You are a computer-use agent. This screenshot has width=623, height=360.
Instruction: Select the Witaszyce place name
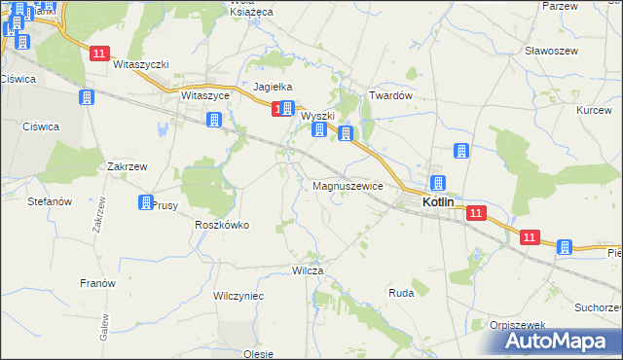pos(204,96)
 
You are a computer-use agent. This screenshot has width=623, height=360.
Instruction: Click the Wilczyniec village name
pos(238,294)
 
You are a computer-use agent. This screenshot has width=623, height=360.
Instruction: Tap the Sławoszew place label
pos(551,50)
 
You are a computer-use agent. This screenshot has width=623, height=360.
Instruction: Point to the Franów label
pos(97,283)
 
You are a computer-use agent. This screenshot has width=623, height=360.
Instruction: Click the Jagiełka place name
pos(274,87)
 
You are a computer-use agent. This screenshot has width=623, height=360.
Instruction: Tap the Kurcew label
pos(594,110)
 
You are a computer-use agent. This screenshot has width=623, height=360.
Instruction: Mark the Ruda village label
pos(401,292)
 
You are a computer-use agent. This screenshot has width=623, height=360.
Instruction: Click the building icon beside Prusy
pos(146,202)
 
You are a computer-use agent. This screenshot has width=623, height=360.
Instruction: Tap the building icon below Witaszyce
pos(214,120)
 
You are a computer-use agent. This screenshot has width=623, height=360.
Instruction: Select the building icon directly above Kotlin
pos(438,182)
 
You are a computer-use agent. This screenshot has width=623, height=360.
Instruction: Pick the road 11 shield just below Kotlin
pos(475,214)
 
